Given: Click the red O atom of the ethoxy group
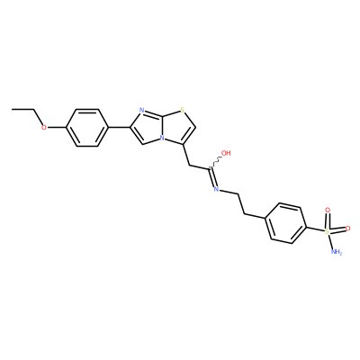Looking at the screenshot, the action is tap(44, 128).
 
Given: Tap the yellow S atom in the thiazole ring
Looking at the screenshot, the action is tap(182, 111).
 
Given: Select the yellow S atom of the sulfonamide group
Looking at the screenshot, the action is tap(327, 231).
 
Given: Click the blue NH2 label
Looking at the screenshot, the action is tap(336, 252).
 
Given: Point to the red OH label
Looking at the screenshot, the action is tap(226, 153).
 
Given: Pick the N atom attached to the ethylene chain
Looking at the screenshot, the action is tap(216, 189).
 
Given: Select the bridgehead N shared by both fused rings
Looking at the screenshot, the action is tap(162, 139).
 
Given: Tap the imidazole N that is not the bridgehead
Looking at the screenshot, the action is tap(142, 111).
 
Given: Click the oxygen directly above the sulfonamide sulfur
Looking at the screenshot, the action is tap(328, 211).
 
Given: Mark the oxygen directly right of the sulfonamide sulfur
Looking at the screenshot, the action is tap(348, 229).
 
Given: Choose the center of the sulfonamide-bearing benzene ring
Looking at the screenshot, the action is tap(286, 224).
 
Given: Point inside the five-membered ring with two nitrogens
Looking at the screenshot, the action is tap(148, 127).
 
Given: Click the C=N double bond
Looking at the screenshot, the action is tap(212, 179).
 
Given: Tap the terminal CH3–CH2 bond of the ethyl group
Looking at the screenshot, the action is tap(22, 110).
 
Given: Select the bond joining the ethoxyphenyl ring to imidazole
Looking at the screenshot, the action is tap(119, 128).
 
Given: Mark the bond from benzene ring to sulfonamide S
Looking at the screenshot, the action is tap(316, 228).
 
